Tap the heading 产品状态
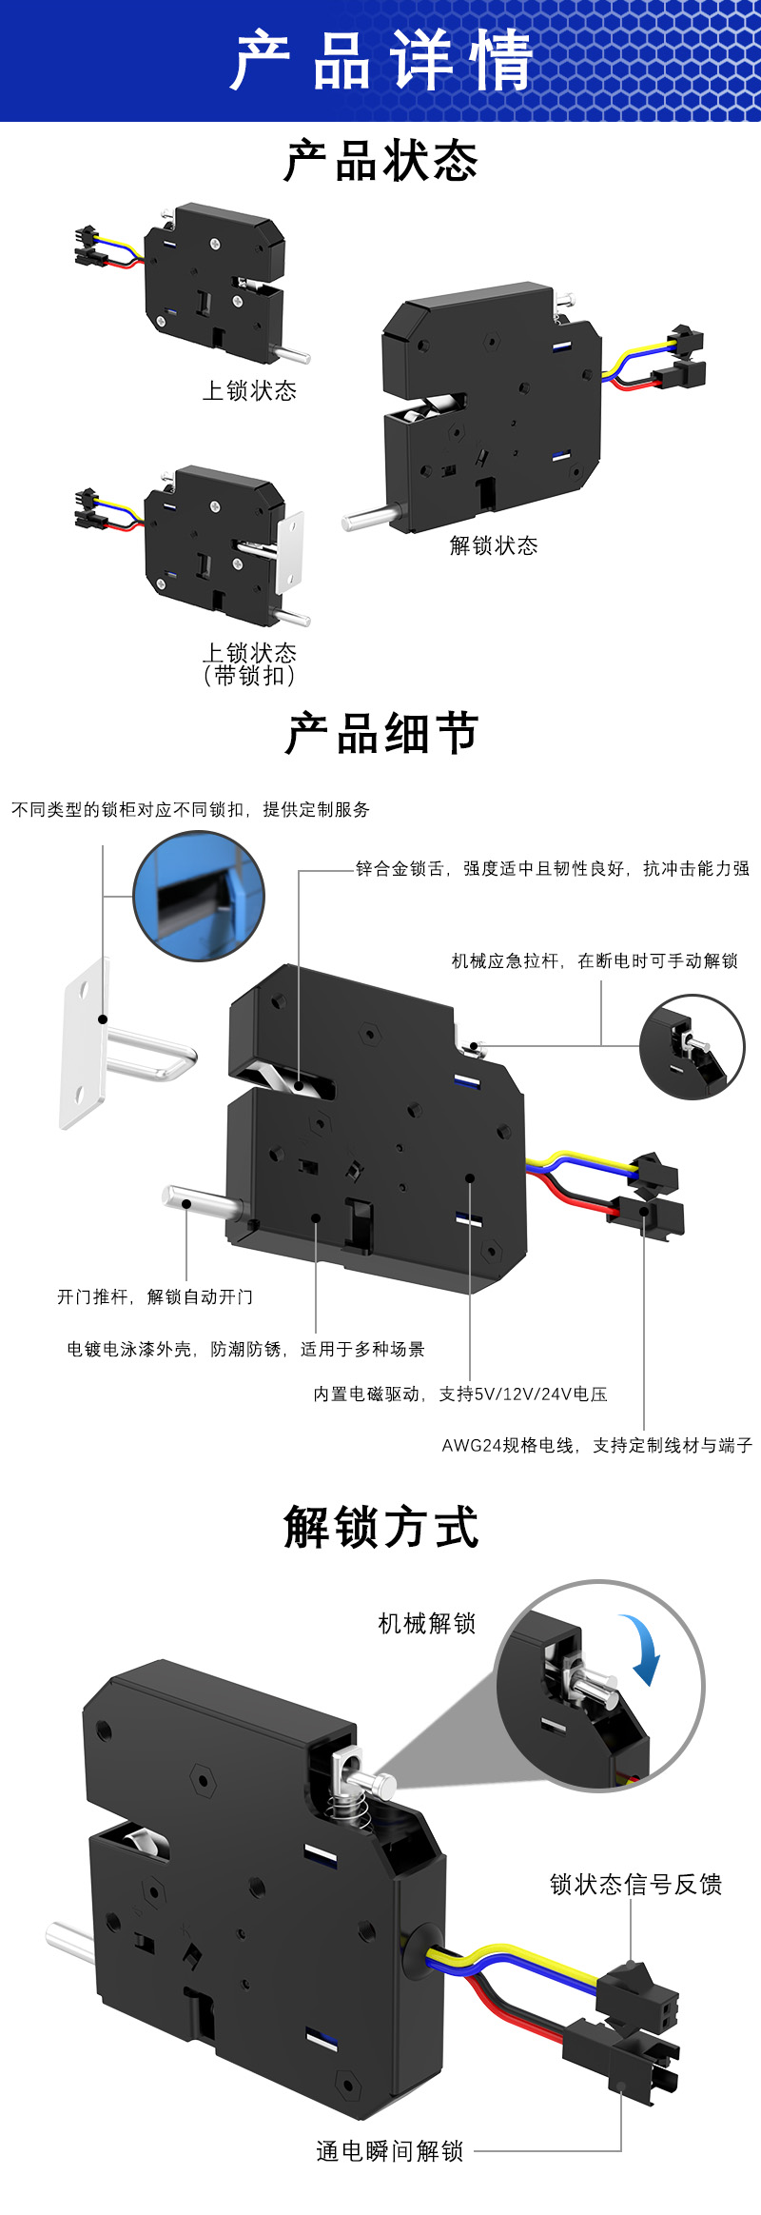tap(380, 160)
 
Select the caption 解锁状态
tap(494, 545)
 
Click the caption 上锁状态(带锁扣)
tap(249, 663)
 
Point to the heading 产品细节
tap(380, 733)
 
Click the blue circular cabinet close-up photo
tap(198, 895)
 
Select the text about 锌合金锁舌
tap(552, 868)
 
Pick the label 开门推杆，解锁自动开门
tap(155, 1296)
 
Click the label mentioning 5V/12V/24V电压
tap(460, 1394)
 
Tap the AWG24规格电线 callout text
tap(596, 1445)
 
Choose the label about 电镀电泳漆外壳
tap(245, 1349)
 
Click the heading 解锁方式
tap(380, 1528)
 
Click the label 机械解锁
tap(426, 1623)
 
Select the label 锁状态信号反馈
tap(635, 1884)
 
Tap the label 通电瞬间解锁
tap(389, 2150)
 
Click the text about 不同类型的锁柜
tap(190, 809)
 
